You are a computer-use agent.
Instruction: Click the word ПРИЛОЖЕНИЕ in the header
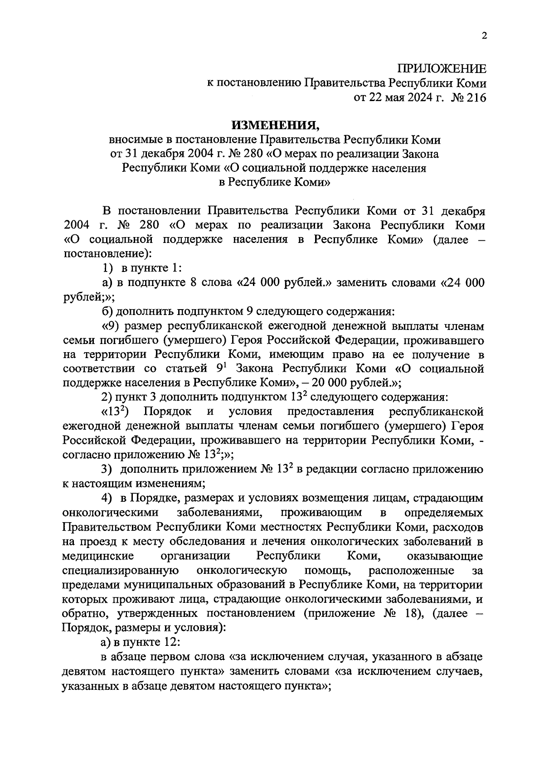(x=442, y=69)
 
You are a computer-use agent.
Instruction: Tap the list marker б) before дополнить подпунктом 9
(x=107, y=311)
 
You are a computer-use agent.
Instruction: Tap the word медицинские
(x=98, y=556)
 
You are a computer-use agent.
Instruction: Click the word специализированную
(x=120, y=570)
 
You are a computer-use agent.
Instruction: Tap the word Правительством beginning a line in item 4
(x=107, y=527)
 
